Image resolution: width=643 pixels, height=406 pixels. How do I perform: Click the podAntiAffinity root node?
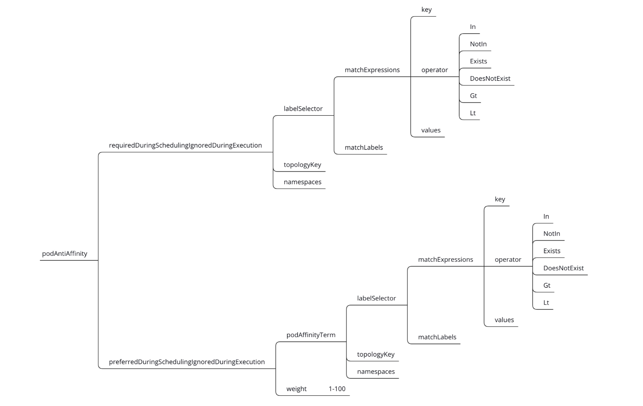point(65,254)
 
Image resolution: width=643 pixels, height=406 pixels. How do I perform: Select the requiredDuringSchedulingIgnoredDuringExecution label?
point(185,146)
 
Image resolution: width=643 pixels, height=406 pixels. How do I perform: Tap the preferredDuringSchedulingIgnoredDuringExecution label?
point(187,362)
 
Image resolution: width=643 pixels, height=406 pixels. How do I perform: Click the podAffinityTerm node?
point(311,335)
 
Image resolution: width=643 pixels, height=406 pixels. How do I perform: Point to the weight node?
point(297,389)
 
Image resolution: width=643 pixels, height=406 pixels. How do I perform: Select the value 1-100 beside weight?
point(337,389)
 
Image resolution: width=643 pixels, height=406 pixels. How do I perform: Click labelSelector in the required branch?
point(303,109)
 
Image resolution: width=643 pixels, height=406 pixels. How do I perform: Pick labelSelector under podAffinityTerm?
point(377,298)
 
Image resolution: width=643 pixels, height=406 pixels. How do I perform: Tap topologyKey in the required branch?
point(303,165)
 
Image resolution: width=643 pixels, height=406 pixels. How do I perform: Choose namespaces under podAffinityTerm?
point(376,372)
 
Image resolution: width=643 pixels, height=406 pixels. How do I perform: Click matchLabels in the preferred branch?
point(437,337)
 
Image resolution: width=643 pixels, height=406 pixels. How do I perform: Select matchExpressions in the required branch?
point(372,70)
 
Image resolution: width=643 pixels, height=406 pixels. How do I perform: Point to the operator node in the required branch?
point(435,70)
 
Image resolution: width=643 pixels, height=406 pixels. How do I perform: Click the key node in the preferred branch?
point(500,199)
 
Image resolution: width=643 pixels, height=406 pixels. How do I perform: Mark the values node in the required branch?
point(431,130)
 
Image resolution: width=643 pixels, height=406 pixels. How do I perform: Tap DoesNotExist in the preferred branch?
point(563,268)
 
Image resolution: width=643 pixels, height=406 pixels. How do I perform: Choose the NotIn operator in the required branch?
point(478,44)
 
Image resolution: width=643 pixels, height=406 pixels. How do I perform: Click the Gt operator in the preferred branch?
point(547,285)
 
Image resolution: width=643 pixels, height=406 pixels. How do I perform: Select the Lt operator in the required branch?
point(473,113)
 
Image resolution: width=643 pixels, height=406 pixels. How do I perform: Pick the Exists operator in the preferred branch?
point(552,251)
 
